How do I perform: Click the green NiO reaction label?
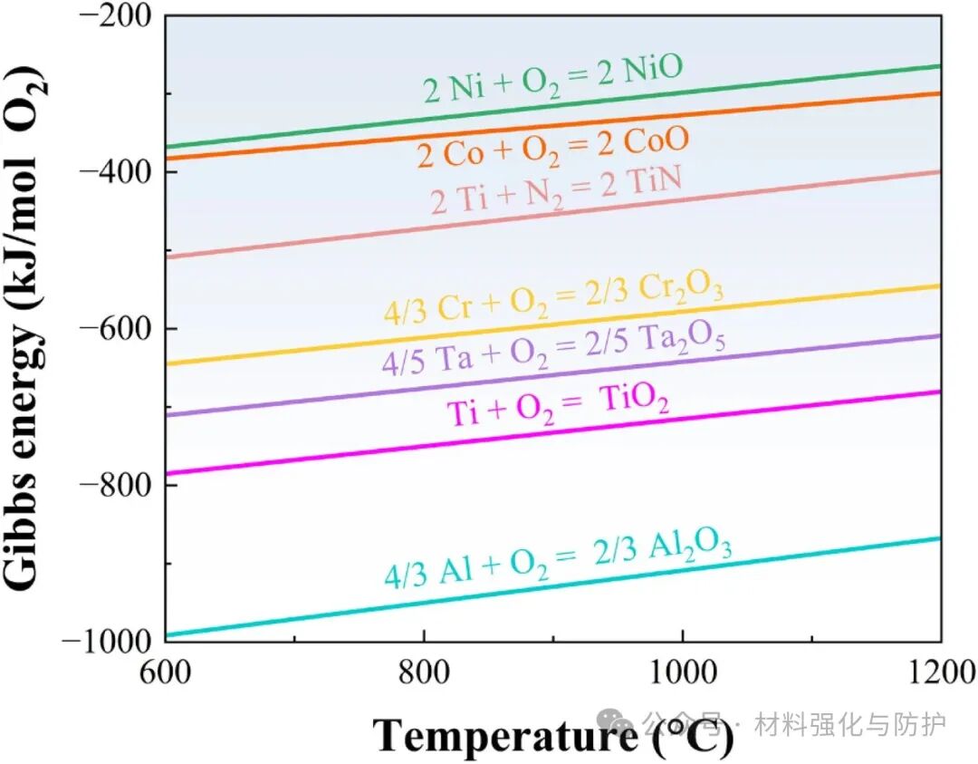coord(551,79)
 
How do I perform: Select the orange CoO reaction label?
coord(552,148)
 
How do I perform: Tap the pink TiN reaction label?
coord(556,192)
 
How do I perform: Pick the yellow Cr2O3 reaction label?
coord(553,302)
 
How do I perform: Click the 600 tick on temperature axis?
coord(166,672)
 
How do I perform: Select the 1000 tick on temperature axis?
coord(682,672)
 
